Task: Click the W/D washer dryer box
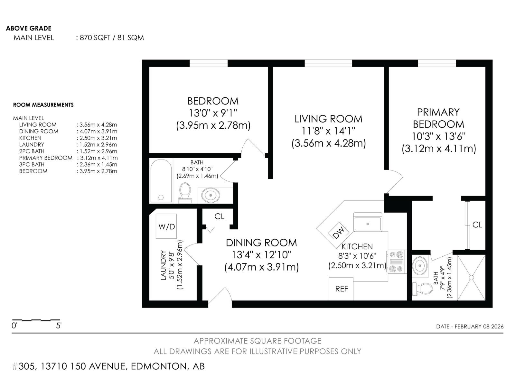pyautogui.click(x=166, y=226)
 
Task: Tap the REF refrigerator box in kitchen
pyautogui.click(x=341, y=289)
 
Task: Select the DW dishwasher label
pyautogui.click(x=338, y=232)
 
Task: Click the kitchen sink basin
pyautogui.click(x=368, y=224)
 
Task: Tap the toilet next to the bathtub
pyautogui.click(x=185, y=193)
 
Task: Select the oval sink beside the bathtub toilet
pyautogui.click(x=211, y=195)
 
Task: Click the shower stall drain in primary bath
pyautogui.click(x=471, y=277)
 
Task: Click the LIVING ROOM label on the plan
pyautogui.click(x=328, y=119)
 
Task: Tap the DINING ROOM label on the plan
pyautogui.click(x=261, y=243)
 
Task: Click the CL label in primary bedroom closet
pyautogui.click(x=477, y=225)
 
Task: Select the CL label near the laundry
pyautogui.click(x=219, y=216)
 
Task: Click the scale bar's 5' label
pyautogui.click(x=59, y=326)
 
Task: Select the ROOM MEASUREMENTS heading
pyautogui.click(x=43, y=105)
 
